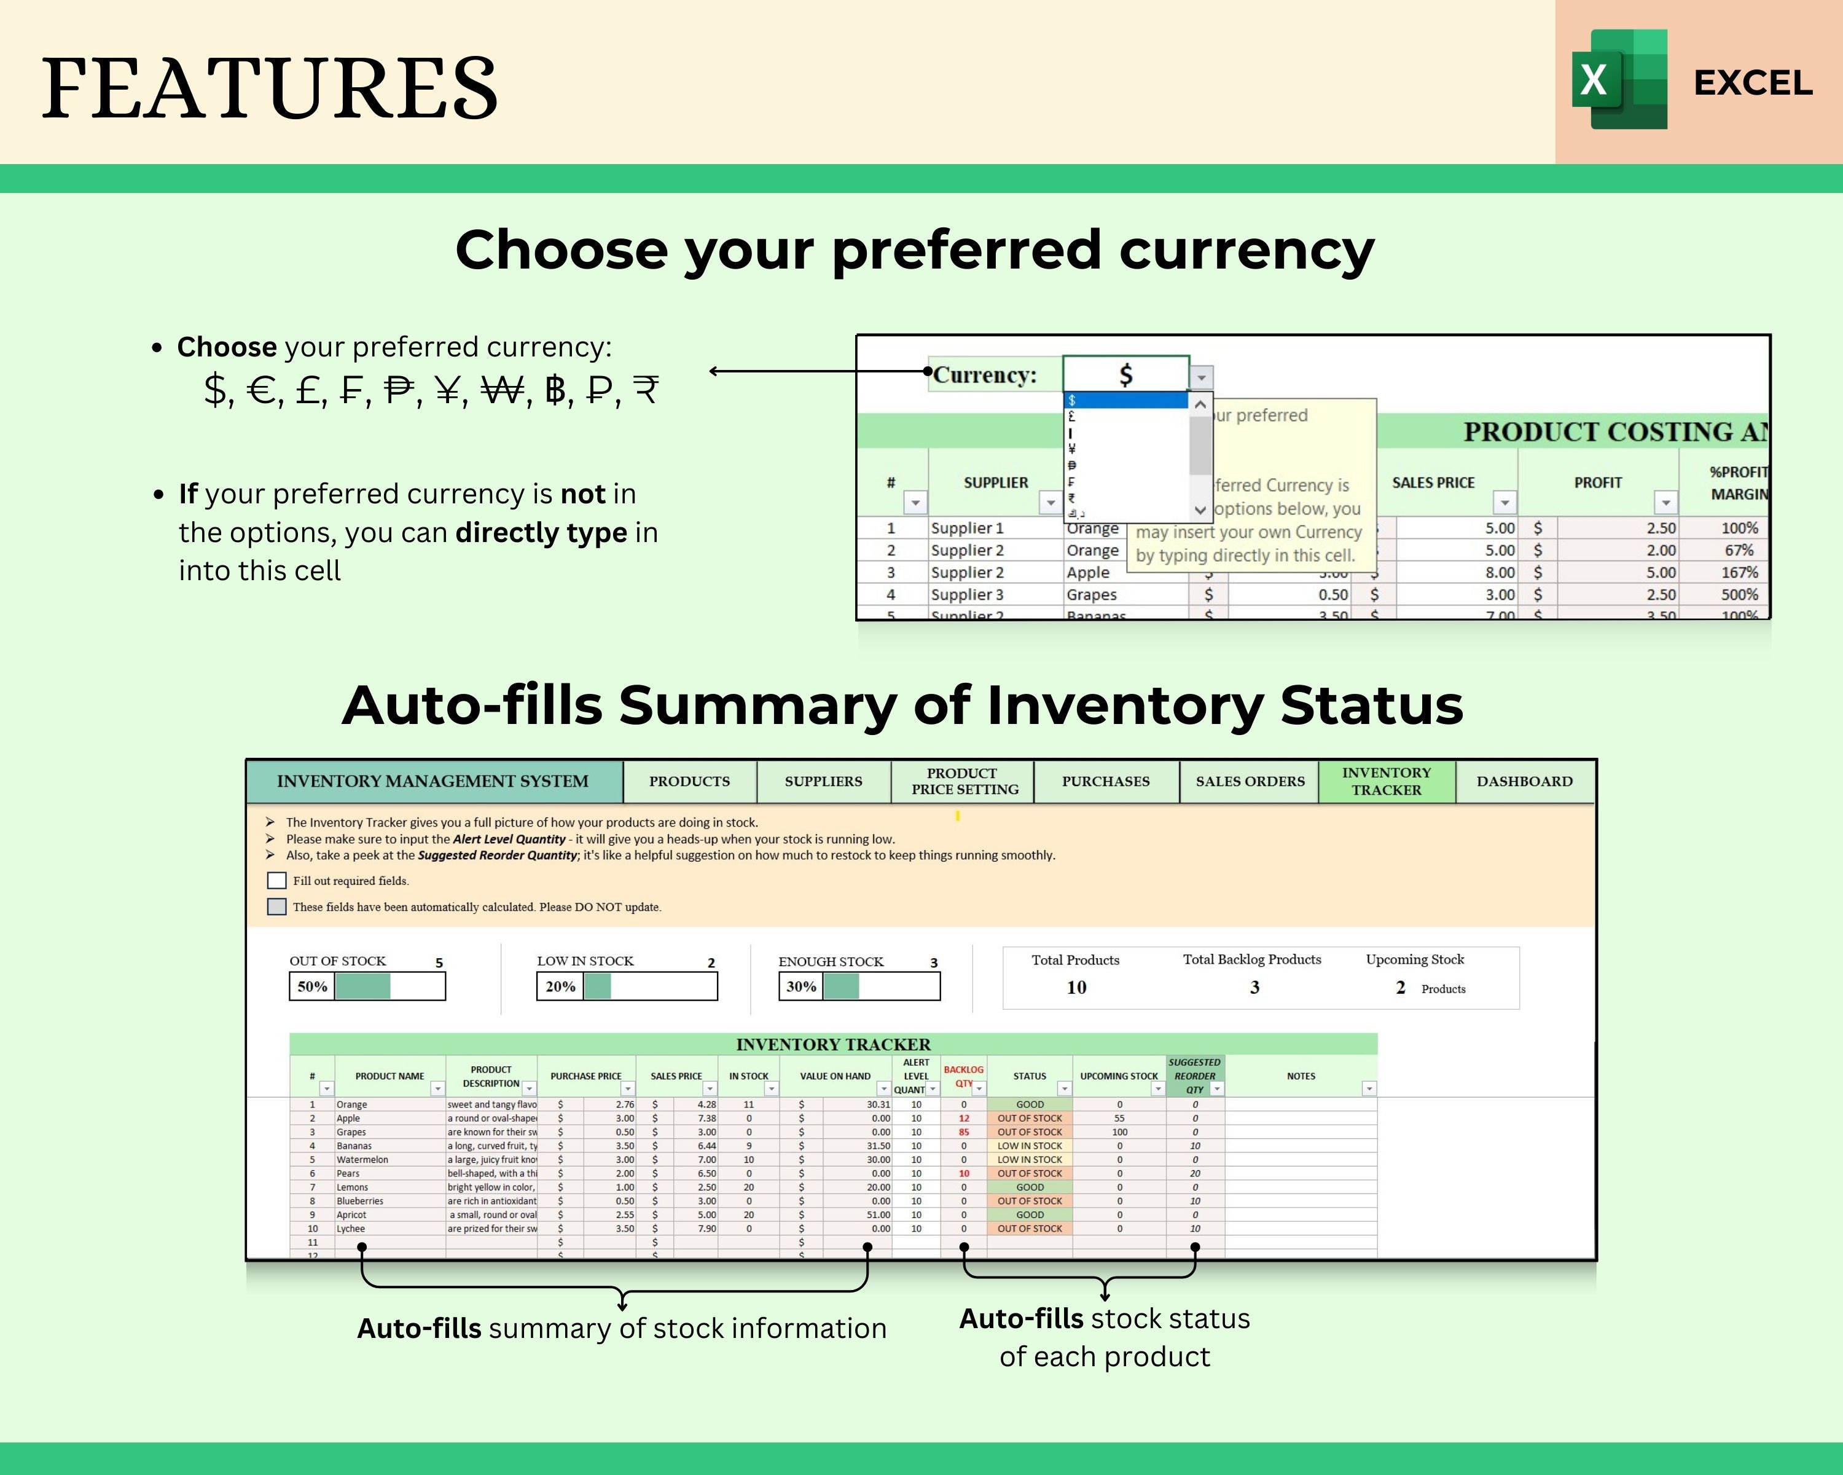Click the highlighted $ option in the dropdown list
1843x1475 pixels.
click(x=1125, y=400)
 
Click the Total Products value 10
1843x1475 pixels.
click(x=1076, y=987)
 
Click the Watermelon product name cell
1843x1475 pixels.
click(x=362, y=1160)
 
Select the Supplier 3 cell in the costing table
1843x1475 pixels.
click(x=967, y=594)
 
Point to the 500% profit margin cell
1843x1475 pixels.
click(x=1739, y=594)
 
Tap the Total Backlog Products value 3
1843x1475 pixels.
click(x=1254, y=987)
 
